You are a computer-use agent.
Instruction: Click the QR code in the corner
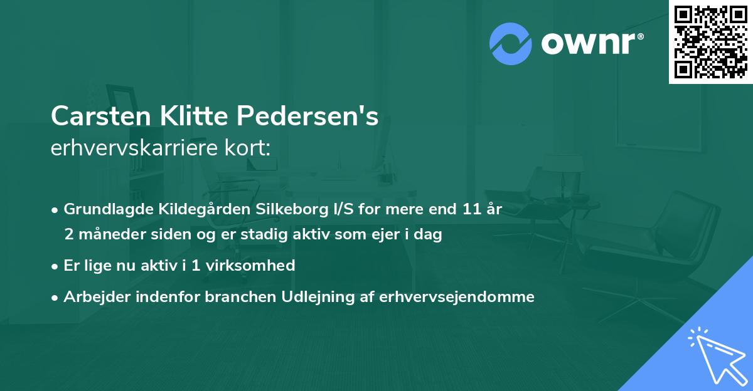[x=711, y=41]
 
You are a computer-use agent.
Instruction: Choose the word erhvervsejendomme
[x=457, y=297]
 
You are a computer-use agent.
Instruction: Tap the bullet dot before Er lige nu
[x=56, y=266]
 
